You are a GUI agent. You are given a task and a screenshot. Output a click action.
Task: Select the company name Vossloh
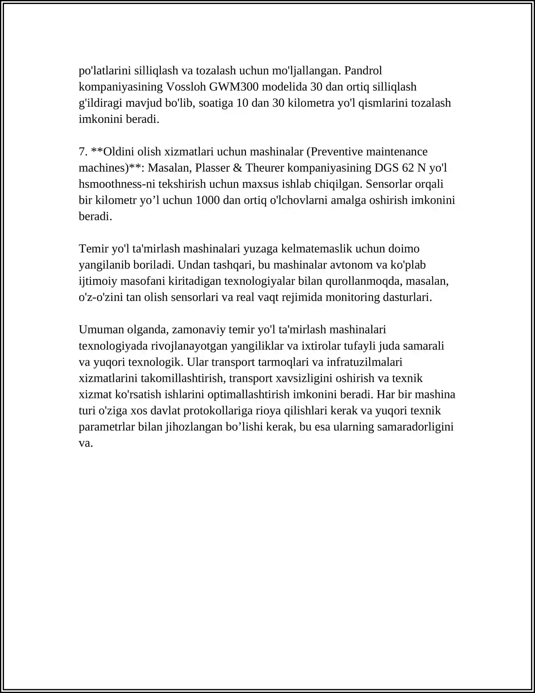[186, 87]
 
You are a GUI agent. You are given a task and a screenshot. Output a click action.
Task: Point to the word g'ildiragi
[100, 103]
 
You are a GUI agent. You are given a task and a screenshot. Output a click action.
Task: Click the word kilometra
[311, 103]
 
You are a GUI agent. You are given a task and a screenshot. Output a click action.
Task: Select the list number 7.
[83, 152]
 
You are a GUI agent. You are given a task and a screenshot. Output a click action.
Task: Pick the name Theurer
[265, 168]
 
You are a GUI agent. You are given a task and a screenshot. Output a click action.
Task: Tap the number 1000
[207, 200]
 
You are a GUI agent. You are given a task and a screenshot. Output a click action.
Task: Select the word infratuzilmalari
[364, 362]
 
